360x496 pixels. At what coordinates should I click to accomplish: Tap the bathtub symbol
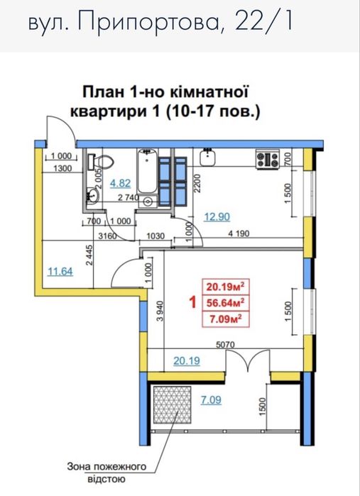click(x=147, y=172)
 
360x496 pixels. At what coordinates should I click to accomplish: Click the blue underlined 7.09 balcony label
click(x=210, y=400)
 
